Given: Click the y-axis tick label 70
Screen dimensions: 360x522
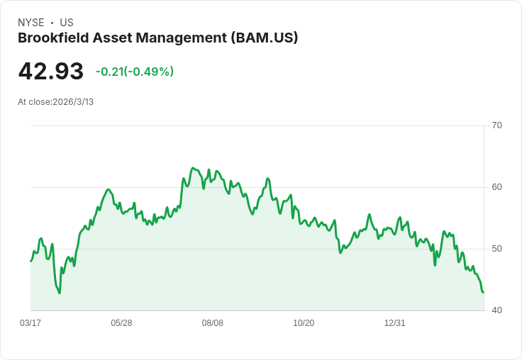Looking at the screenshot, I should point(496,125).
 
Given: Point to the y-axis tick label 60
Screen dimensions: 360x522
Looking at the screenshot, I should point(496,187).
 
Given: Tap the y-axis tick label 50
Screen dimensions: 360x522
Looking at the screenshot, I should point(496,249).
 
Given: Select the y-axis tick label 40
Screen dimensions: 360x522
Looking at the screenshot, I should point(496,310).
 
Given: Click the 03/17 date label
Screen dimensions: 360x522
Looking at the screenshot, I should point(30,323).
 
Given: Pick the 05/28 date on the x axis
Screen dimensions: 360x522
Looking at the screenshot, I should point(121,323).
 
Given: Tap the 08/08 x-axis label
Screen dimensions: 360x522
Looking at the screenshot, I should point(213,323).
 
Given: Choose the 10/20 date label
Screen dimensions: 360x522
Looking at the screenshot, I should point(304,323).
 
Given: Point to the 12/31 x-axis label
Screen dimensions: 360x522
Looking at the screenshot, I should point(395,323).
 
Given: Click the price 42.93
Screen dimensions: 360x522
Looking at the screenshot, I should point(51,71).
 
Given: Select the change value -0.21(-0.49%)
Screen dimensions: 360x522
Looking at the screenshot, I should point(135,72).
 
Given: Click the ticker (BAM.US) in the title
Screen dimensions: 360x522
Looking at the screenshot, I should point(265,38).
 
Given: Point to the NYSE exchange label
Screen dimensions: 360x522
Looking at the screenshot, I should point(31,23).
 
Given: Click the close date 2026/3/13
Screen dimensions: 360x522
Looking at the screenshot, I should point(73,102).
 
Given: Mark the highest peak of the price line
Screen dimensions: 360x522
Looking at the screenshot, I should point(193,168).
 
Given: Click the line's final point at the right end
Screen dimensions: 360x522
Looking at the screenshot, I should point(483,292).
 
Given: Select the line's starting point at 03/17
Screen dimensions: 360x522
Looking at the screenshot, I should point(30,261).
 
